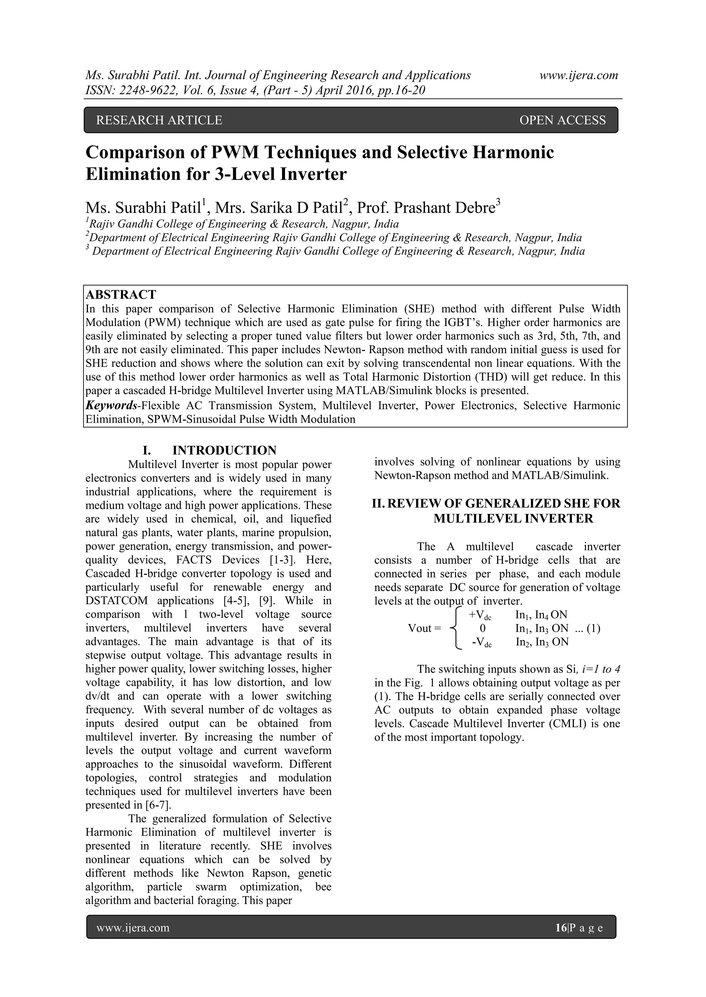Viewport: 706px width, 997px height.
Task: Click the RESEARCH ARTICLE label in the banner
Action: click(159, 120)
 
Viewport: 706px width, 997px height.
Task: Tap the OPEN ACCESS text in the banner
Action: click(562, 120)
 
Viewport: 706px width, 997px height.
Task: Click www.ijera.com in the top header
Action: click(579, 75)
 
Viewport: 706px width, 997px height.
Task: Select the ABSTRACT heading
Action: click(121, 294)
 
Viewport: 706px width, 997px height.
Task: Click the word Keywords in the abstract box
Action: click(111, 406)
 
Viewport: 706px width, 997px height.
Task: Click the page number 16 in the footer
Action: click(561, 928)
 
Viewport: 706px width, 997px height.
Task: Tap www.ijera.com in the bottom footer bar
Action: click(133, 928)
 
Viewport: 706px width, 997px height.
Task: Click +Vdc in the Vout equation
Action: click(480, 615)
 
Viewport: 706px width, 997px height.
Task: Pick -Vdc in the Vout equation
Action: click(481, 642)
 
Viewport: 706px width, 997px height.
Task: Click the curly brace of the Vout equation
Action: click(454, 628)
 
